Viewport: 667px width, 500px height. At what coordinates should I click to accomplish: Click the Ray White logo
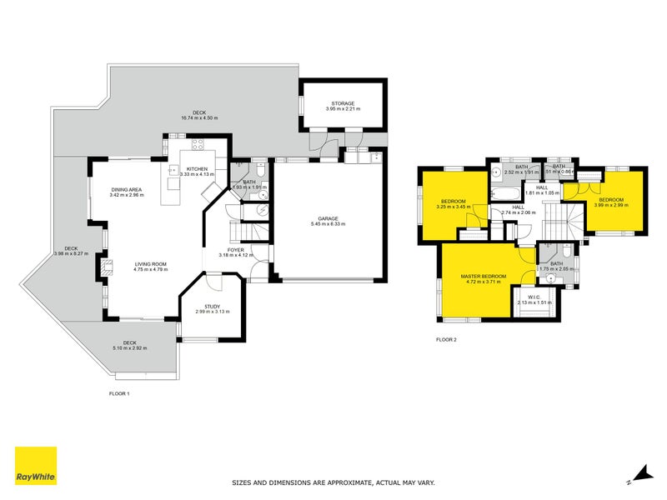coord(36,467)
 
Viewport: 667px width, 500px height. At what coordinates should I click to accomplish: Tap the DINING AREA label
coord(127,190)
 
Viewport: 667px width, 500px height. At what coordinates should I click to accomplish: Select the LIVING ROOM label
coord(152,264)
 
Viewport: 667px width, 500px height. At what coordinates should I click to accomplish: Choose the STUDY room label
coord(212,307)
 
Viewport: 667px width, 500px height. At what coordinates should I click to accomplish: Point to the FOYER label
coord(235,249)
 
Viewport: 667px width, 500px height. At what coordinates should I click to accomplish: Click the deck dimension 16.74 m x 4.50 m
coord(199,117)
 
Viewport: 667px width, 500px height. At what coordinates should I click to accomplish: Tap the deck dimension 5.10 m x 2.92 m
coord(128,347)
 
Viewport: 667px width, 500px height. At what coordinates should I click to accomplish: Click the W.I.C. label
coord(534,297)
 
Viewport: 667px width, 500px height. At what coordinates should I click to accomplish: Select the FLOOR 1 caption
coord(119,392)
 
